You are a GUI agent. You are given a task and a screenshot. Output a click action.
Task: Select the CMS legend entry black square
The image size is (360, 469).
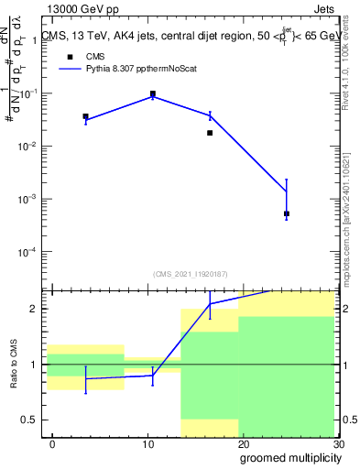pos(70,56)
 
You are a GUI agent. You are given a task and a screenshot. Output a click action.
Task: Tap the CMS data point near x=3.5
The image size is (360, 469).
pos(85,117)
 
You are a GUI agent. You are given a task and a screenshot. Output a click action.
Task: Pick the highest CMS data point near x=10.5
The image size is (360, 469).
pos(153,93)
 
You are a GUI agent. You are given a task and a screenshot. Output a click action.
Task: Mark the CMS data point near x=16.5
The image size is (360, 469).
pos(210,133)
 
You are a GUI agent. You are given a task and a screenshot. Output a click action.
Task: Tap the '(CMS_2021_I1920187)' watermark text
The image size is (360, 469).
pos(191,273)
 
